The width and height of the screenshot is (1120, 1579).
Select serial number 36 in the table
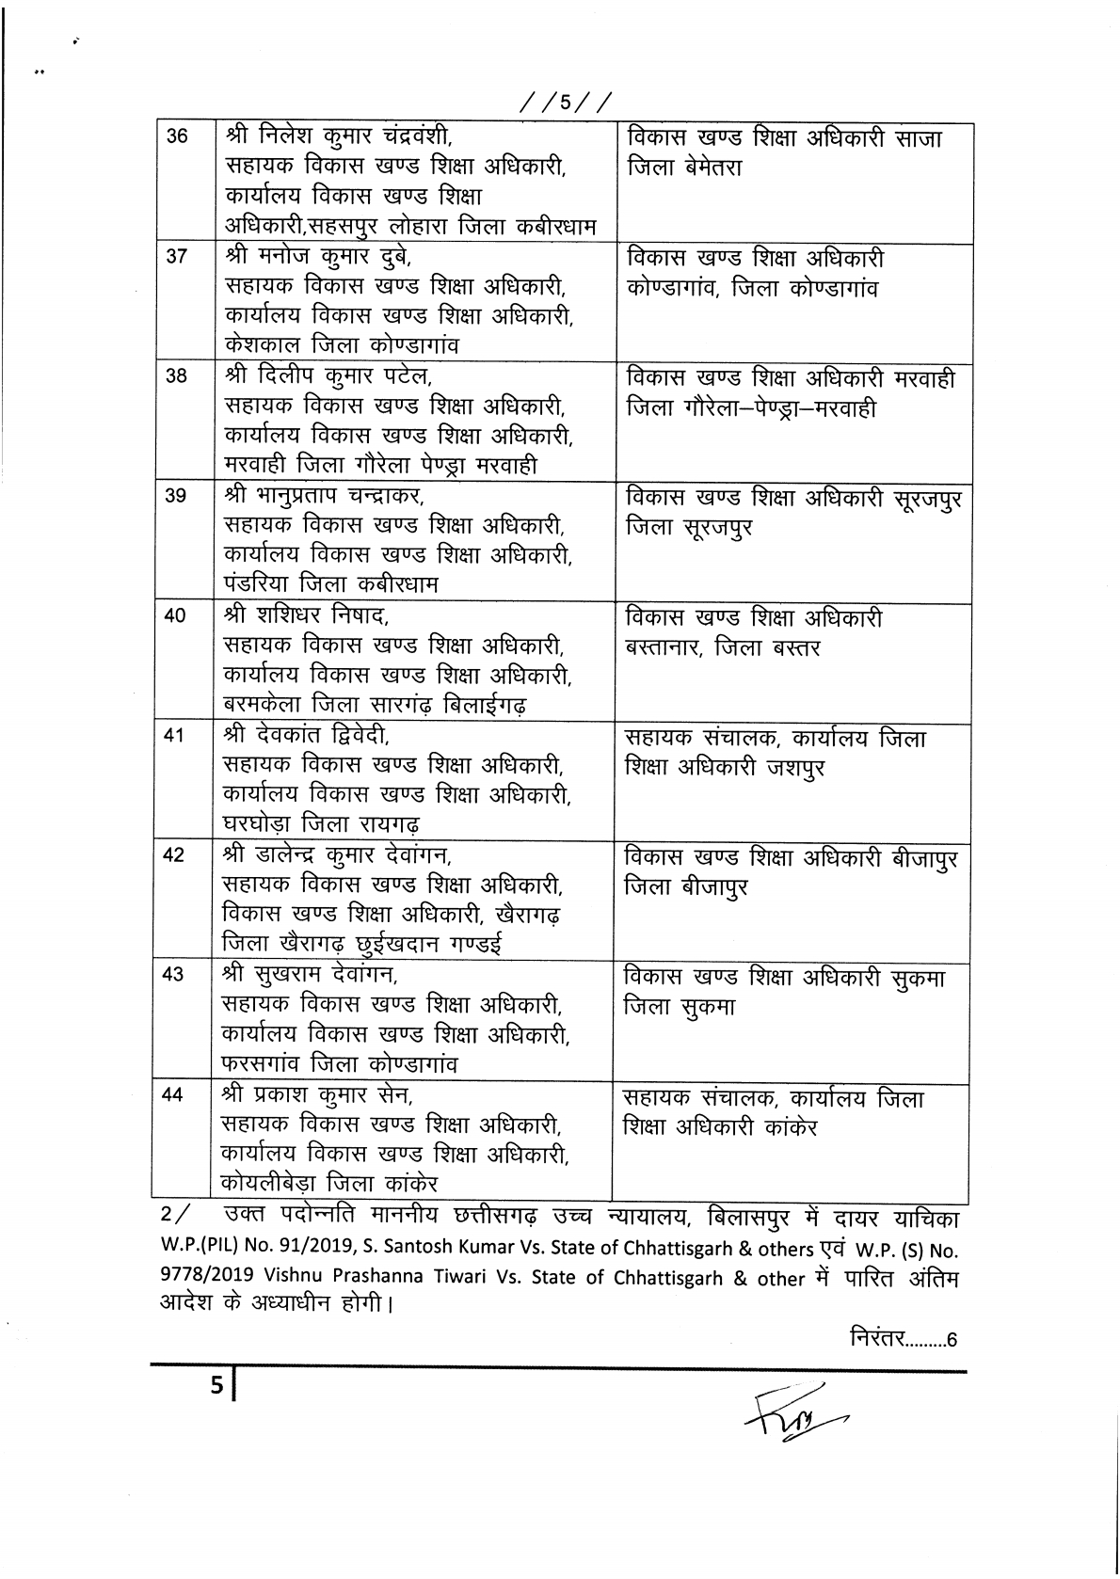[177, 136]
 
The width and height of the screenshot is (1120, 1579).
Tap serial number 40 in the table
[175, 616]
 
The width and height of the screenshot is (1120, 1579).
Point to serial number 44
[173, 1094]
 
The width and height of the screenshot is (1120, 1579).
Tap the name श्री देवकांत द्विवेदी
[305, 736]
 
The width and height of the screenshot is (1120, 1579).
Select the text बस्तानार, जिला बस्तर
[722, 647]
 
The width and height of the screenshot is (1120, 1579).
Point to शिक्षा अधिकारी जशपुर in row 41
[725, 768]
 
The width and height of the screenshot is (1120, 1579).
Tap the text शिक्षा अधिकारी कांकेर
[720, 1126]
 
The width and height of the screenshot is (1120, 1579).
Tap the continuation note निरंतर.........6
[903, 1337]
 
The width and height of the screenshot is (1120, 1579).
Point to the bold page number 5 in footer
[216, 1386]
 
